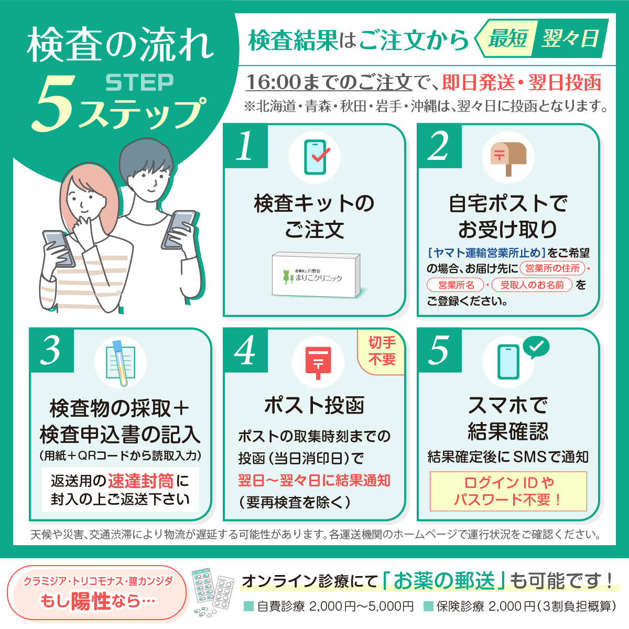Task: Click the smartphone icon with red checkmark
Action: (316, 157)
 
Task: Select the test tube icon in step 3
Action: (121, 363)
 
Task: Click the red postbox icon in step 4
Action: (318, 363)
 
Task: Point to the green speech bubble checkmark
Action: (536, 347)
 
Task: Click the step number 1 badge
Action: (245, 146)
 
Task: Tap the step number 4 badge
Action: (245, 351)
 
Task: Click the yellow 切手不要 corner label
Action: (381, 351)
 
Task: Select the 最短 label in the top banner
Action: (507, 38)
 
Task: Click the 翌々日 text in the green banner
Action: (570, 38)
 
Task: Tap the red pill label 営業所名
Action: (456, 285)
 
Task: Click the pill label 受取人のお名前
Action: (532, 285)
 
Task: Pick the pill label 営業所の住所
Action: (552, 268)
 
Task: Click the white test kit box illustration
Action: (316, 274)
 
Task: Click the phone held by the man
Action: (179, 230)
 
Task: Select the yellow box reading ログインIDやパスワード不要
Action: (508, 491)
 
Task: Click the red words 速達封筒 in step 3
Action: (140, 481)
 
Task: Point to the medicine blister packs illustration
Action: (213, 593)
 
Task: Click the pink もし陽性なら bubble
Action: (97, 593)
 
